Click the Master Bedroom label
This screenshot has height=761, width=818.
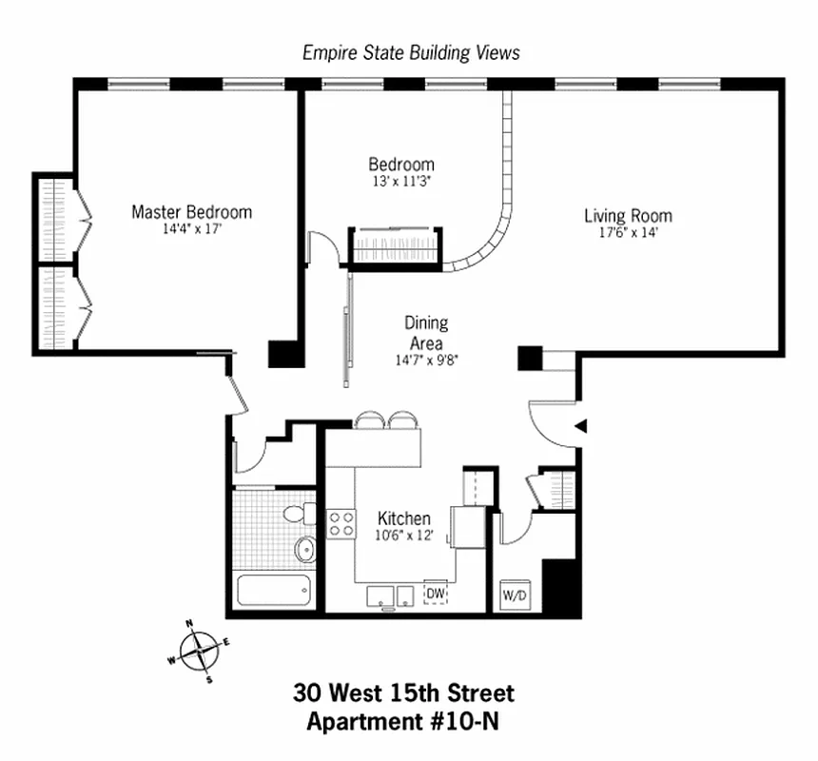point(191,211)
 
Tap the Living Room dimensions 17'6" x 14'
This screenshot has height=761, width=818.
point(627,232)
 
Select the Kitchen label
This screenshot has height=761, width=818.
point(404,518)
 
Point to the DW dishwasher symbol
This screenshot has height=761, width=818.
point(436,595)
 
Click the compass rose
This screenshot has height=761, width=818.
point(201,653)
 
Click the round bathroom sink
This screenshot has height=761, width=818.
point(306,549)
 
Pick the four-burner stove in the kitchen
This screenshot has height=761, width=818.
point(341,522)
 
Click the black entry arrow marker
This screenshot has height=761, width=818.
point(582,427)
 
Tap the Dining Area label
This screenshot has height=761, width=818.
point(426,333)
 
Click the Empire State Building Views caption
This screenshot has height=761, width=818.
point(411,52)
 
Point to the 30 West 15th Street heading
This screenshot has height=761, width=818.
point(403,692)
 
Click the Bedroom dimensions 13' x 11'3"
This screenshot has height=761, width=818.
point(401,181)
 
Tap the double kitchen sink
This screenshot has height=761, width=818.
point(391,596)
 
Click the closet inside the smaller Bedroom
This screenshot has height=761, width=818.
point(396,245)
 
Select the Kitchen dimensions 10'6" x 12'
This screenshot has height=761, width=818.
point(404,536)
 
